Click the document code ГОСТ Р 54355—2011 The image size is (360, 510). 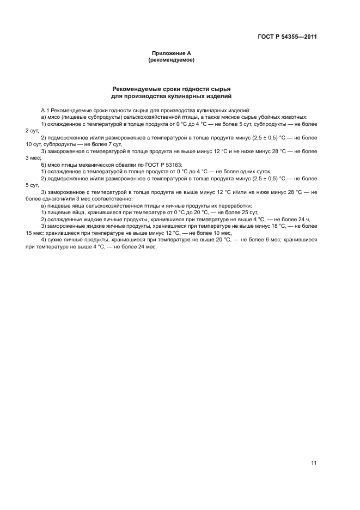click(x=287, y=37)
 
